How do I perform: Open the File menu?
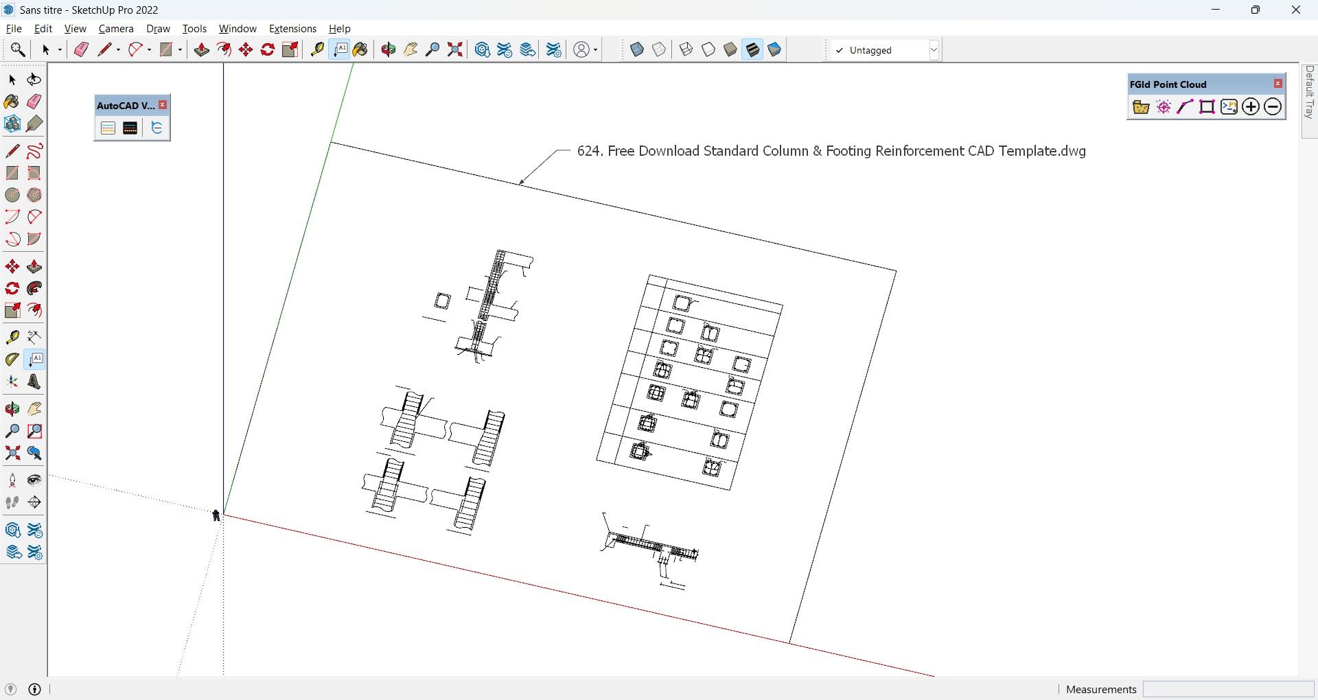pos(14,29)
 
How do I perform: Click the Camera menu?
pos(116,29)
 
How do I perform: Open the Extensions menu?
pos(292,29)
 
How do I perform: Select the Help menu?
pos(339,29)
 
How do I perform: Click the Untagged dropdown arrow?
pos(934,50)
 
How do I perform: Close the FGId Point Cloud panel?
pos(1278,84)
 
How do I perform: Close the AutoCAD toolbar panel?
pos(163,105)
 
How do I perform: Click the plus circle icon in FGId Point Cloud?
pos(1251,107)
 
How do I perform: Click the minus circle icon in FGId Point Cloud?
pos(1273,107)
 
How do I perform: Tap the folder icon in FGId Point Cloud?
pos(1141,107)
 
